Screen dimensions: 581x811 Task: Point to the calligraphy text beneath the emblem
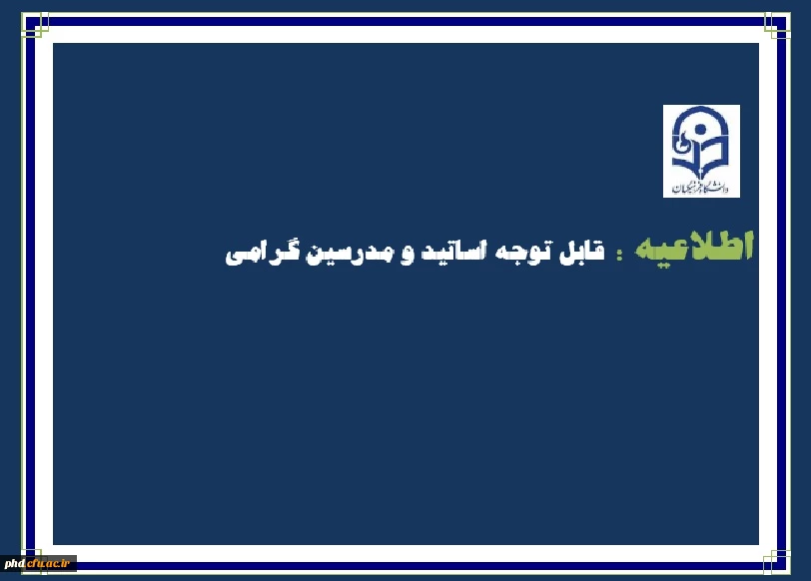701,186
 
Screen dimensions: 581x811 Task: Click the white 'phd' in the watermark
14,564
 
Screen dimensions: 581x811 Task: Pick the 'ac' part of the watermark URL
54,564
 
